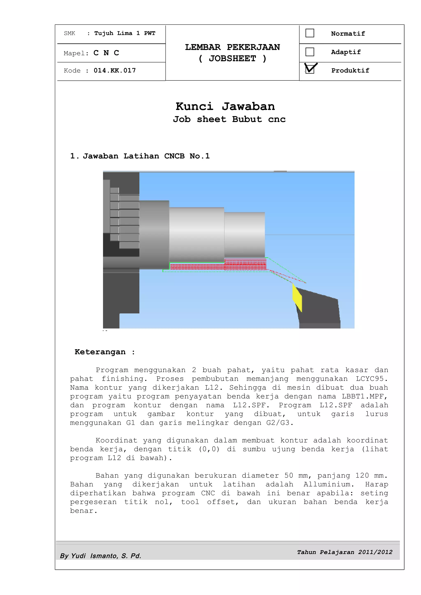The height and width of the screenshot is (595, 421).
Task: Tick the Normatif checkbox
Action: (310, 33)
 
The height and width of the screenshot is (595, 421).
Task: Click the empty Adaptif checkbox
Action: (310, 52)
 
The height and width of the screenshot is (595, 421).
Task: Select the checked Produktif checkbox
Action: (310, 69)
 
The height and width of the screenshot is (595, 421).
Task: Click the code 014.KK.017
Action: (115, 70)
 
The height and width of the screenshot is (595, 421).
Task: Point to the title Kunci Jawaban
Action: (225, 107)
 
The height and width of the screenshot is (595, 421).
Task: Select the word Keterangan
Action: (100, 352)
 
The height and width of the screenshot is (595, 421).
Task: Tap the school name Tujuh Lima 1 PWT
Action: (125, 33)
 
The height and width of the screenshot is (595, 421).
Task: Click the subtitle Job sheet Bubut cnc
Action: (229, 119)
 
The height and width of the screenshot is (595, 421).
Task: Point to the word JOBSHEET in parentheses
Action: (232, 59)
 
